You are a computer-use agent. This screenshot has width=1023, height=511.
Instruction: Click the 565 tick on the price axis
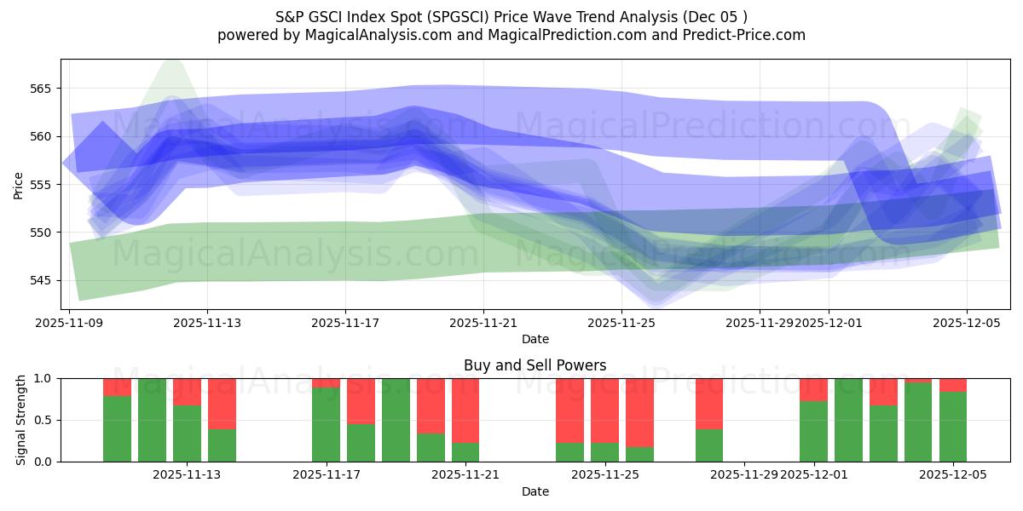[x=43, y=89]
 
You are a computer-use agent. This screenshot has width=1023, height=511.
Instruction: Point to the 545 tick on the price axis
[x=43, y=280]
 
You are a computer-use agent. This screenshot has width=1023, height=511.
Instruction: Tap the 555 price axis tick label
[x=43, y=185]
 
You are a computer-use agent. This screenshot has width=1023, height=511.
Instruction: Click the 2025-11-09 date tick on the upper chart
[x=69, y=323]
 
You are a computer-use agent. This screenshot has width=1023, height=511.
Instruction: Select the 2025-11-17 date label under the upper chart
[x=345, y=323]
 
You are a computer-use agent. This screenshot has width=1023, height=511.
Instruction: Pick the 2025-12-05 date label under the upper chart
[x=966, y=323]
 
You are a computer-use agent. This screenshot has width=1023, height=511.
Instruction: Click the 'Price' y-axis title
[x=18, y=184]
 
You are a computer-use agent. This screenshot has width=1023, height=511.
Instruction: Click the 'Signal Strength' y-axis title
[x=21, y=420]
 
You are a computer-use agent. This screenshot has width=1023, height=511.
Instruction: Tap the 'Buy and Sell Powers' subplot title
[x=535, y=365]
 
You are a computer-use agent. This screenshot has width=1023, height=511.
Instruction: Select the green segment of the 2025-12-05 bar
[x=952, y=426]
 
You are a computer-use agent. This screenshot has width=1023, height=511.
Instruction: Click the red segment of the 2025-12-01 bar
[x=813, y=389]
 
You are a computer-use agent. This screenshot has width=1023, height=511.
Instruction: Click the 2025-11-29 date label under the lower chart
[x=744, y=475]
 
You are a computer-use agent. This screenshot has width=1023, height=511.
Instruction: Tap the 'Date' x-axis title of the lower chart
[x=535, y=491]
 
